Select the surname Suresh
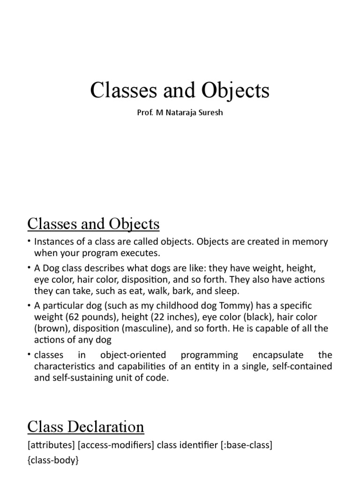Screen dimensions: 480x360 point(208,113)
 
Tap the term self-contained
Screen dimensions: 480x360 point(303,366)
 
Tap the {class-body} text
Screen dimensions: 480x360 point(53,461)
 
